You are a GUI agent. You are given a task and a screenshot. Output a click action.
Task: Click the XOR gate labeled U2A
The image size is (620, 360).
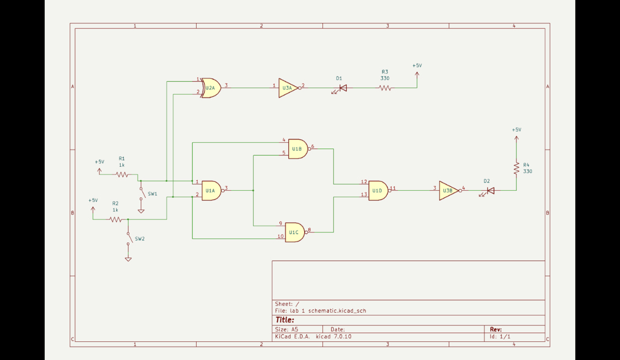[211, 88]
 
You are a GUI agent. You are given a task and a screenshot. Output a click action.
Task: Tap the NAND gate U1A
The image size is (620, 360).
[211, 190]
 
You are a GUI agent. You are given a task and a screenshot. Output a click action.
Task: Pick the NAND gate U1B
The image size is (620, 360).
[297, 149]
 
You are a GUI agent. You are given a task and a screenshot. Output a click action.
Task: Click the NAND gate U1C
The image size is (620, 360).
[294, 232]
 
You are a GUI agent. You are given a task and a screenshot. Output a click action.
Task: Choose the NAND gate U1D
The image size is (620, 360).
[378, 190]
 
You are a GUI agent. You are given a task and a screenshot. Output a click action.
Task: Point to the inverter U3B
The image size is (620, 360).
[448, 191]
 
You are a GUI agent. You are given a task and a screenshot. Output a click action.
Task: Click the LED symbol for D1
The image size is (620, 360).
[342, 88]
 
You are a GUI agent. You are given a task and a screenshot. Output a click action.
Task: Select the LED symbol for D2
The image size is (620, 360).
[490, 191]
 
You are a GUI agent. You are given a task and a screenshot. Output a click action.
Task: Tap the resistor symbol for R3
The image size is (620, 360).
[385, 88]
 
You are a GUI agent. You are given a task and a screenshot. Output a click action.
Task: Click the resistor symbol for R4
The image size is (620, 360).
[516, 168]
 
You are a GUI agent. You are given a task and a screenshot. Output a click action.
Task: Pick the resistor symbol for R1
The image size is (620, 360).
[122, 175]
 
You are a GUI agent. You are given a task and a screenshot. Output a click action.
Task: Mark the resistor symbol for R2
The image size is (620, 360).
[115, 219]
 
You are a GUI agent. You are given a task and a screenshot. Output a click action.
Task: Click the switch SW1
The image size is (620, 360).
[141, 194]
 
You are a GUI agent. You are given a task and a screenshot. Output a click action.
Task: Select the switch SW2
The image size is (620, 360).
[128, 239]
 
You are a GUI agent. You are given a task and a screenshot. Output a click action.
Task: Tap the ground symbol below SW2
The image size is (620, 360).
[128, 259]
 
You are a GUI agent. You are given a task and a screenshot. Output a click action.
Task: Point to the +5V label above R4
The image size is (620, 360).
[516, 130]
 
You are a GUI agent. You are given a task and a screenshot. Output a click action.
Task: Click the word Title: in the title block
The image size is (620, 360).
[285, 320]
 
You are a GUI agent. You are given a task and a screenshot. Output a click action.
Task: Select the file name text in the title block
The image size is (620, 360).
[321, 311]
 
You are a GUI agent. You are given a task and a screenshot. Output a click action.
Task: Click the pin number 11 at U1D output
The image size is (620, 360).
[393, 188]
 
